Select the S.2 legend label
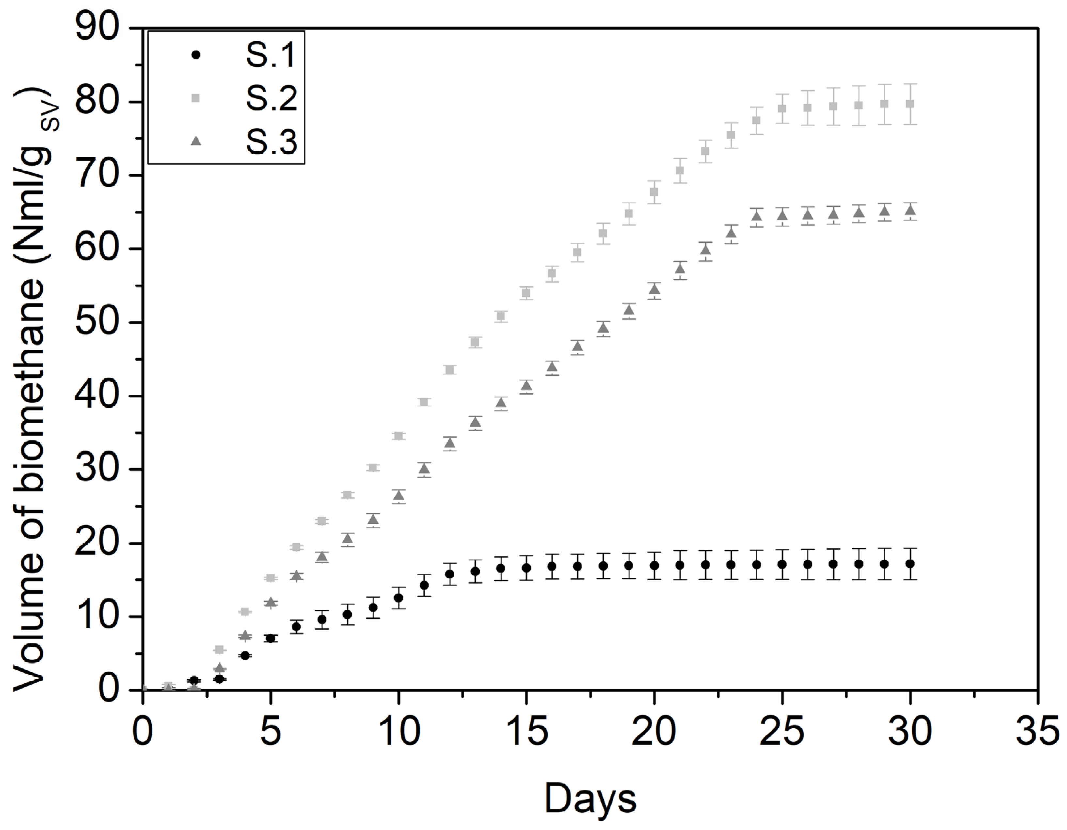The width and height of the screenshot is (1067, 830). (271, 98)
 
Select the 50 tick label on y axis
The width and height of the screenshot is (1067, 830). (104, 323)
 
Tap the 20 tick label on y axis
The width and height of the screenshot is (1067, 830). (104, 543)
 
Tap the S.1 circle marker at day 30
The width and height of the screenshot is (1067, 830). (910, 563)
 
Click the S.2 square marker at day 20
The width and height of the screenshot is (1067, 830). (654, 192)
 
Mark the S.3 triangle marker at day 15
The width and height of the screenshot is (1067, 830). (526, 386)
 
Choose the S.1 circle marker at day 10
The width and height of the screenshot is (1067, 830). (399, 597)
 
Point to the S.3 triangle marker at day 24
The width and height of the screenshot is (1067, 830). (756, 217)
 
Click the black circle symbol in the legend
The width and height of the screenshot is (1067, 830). (196, 55)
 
